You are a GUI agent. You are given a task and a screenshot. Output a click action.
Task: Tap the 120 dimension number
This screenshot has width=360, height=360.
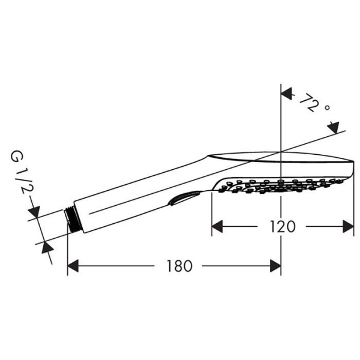pos(282,227)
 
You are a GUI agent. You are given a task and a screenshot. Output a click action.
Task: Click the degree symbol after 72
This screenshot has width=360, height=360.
pos(327,109)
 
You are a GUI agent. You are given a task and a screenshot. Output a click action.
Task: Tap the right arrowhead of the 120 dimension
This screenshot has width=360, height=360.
pos(348,226)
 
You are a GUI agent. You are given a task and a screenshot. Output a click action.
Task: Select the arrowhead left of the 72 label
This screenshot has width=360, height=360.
pos(287,94)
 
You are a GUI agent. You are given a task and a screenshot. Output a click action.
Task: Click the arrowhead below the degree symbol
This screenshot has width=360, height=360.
pos(333,128)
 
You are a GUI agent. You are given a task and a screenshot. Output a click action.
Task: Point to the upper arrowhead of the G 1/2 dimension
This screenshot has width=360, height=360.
pos(34,212)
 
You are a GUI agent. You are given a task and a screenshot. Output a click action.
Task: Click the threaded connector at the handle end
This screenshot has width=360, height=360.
pos(71,218)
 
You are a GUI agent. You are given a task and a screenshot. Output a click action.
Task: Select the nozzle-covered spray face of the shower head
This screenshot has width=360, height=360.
pos(282,185)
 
